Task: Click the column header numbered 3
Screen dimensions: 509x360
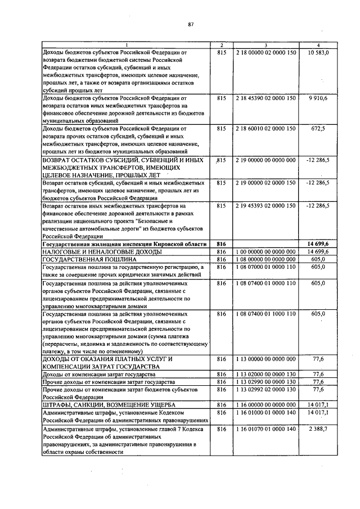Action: point(266,45)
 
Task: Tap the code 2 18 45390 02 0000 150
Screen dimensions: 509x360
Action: point(266,98)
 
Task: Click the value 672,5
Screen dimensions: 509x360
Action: point(322,128)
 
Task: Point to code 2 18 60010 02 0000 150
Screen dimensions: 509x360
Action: point(266,128)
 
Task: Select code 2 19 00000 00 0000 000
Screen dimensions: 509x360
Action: point(266,160)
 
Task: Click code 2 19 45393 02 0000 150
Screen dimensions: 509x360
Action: point(266,206)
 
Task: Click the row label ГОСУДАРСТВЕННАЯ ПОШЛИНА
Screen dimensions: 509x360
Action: point(89,259)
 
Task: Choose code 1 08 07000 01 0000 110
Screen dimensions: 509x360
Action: point(266,267)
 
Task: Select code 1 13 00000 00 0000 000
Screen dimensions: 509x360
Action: point(266,358)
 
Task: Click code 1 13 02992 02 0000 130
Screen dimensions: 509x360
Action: point(266,389)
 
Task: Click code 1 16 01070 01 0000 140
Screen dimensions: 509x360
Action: point(266,429)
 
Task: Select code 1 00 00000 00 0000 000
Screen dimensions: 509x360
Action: point(266,251)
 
